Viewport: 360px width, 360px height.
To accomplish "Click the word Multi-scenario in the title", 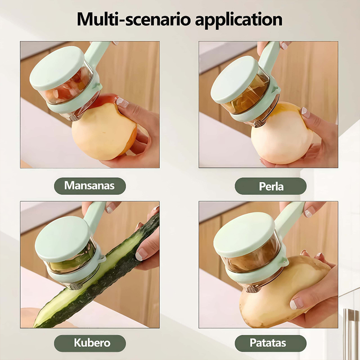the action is tap(134, 19).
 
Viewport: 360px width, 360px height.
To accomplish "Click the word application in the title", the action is tap(239, 20).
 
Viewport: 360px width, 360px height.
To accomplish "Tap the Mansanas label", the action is tap(90, 186).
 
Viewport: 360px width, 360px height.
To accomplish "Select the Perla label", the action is tap(270, 186).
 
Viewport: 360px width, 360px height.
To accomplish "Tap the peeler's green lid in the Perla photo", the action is tap(234, 80).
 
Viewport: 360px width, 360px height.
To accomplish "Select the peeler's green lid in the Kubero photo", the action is tap(63, 239).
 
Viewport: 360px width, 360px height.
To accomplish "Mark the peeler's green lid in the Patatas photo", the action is tap(244, 234).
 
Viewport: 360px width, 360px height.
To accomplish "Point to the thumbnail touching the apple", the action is tap(122, 103).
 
